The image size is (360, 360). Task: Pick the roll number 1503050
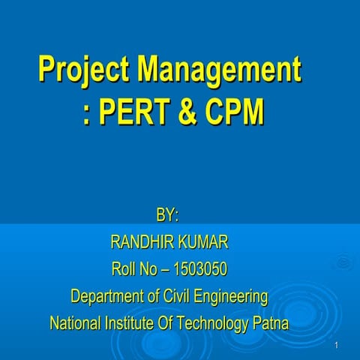pos(199,269)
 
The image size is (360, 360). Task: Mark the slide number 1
pos(338,345)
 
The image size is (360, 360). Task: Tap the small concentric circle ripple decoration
pos(343,262)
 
